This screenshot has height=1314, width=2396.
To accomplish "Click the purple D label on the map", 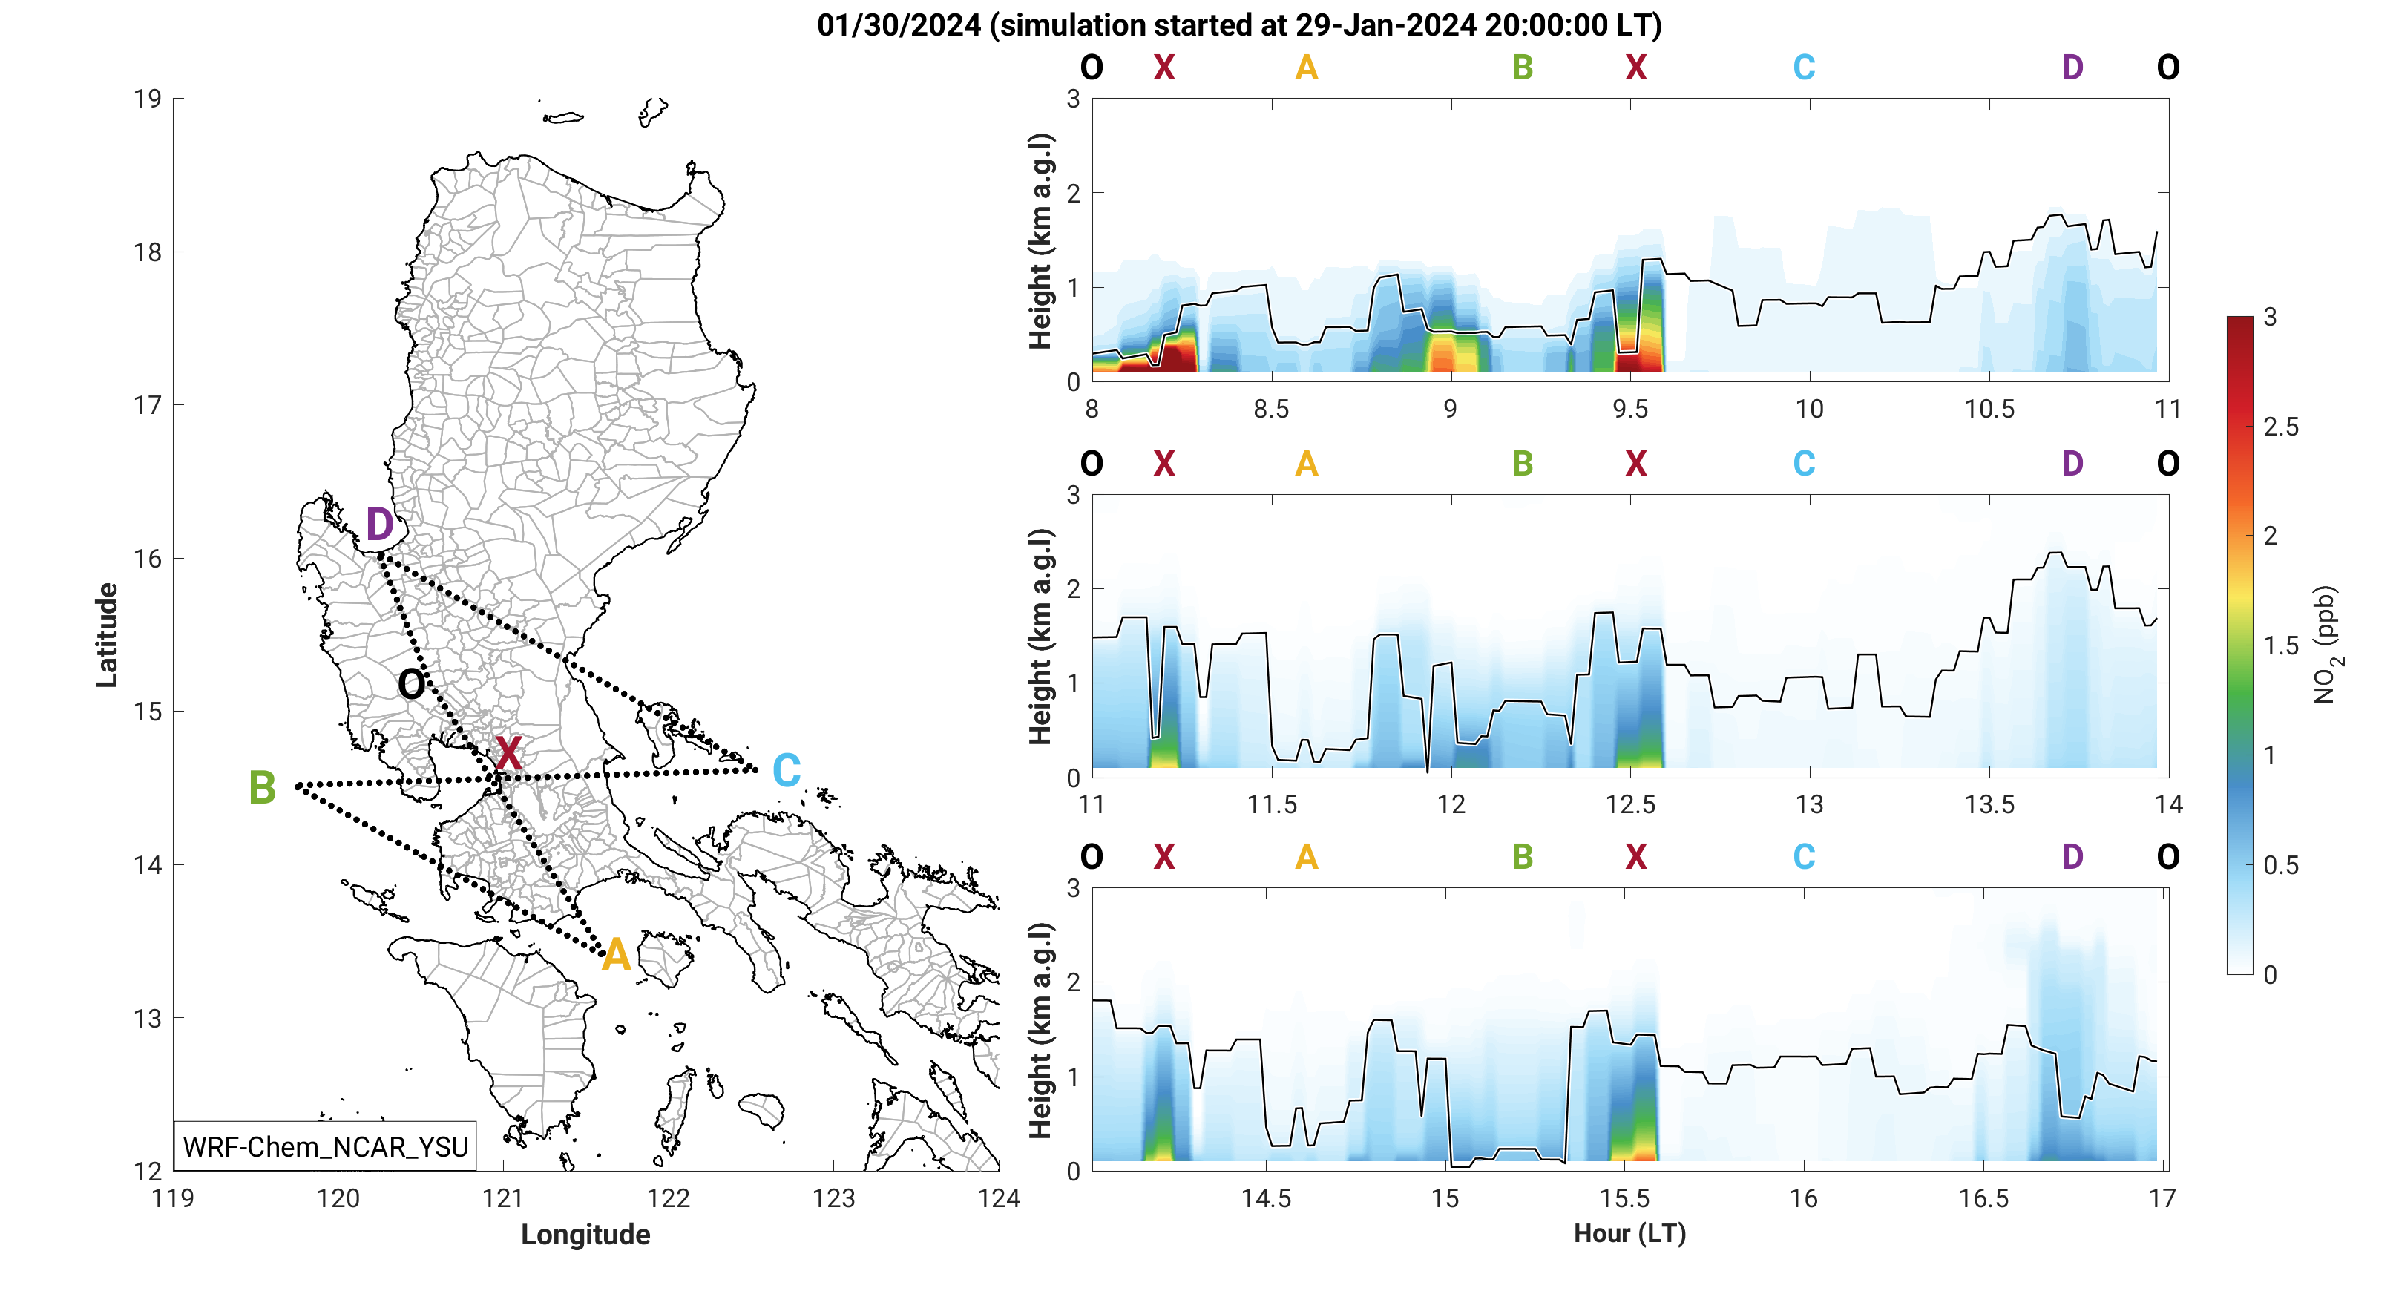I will pos(379,525).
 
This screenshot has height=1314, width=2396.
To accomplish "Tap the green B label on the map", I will pos(262,788).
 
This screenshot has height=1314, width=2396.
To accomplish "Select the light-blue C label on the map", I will pos(787,771).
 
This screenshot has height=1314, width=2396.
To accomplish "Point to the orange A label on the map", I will pos(616,956).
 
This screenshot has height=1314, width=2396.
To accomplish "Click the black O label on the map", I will pos(411,686).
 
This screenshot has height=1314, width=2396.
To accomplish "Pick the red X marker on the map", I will pos(508,752).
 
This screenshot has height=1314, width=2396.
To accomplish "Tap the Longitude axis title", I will pos(585,1234).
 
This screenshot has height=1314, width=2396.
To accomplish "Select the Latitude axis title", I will pos(107,635).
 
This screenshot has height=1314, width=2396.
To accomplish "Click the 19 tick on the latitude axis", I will pos(147,99).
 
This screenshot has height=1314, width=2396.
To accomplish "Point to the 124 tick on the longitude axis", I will pos(998,1199).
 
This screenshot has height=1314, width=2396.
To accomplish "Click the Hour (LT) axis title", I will pos(1629,1233).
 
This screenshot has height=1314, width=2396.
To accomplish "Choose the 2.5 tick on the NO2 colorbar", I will pos(2281,427).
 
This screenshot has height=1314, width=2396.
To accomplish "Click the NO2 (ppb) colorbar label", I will pos(2326,645).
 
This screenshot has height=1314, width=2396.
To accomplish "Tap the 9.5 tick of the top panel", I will pos(1629,409).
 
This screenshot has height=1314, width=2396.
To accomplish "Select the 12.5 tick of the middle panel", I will pos(1629,804).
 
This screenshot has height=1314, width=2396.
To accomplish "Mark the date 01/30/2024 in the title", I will pos(899,25).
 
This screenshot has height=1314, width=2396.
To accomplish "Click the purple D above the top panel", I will pos(2072,68).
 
